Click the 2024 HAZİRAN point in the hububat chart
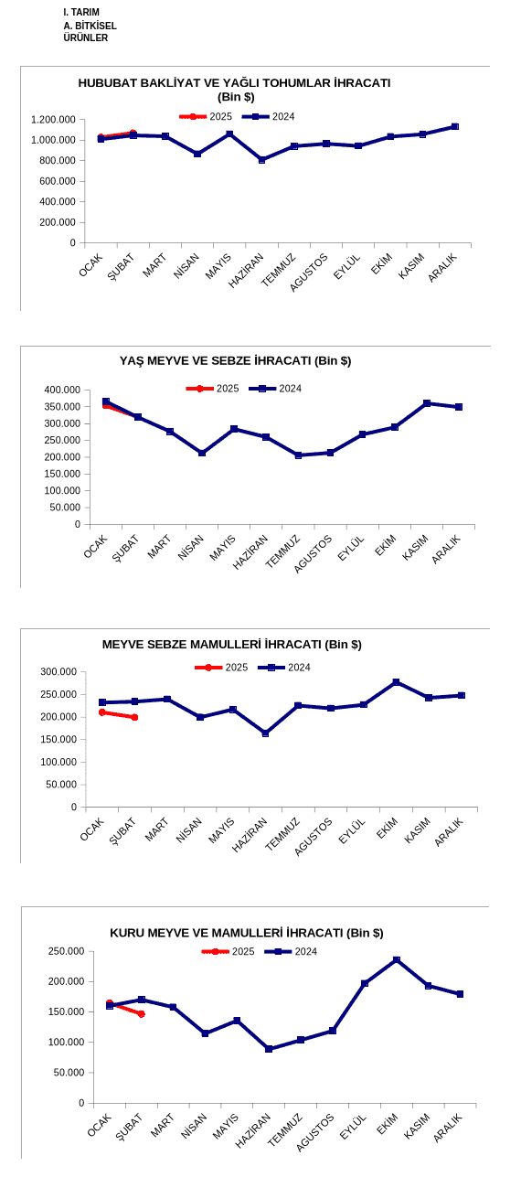point(262,160)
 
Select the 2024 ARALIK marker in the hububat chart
point(455,126)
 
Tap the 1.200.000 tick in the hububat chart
point(54,120)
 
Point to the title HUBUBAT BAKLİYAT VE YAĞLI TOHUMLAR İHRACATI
point(234,83)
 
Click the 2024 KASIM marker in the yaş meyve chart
point(427,403)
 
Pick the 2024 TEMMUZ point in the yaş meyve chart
point(298,455)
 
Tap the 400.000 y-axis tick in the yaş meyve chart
point(62,390)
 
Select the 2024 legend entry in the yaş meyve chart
point(275,389)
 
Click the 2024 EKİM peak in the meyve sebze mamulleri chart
point(396,682)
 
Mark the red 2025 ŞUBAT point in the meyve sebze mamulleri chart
point(135,717)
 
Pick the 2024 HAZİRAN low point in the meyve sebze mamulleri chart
point(265,733)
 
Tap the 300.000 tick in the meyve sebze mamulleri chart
point(58,671)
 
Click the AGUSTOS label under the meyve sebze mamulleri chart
point(314,837)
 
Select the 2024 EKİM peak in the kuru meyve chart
point(397,960)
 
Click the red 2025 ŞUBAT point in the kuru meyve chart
point(142,1014)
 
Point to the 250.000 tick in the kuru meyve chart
point(66,951)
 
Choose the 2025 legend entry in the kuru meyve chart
point(228,952)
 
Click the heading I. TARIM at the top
point(81,12)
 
